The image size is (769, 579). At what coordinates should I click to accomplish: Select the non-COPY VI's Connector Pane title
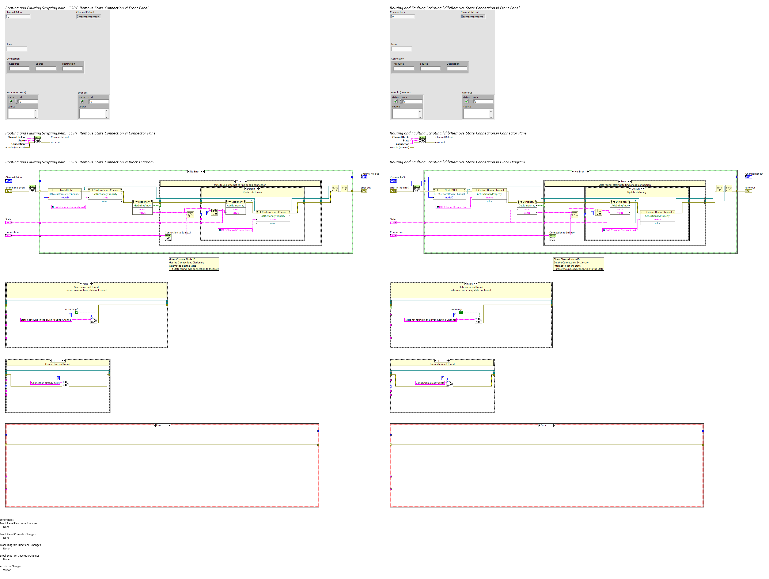pyautogui.click(x=458, y=133)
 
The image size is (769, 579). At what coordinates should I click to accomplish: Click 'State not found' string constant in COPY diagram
pyautogui.click(x=46, y=320)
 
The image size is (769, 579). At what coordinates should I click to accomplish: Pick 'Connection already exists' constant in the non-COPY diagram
pyautogui.click(x=430, y=383)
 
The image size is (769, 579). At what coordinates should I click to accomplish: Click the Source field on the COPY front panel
pyautogui.click(x=46, y=68)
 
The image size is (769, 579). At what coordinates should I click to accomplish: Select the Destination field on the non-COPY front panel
pyautogui.click(x=457, y=68)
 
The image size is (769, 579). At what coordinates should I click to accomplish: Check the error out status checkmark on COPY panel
pyautogui.click(x=82, y=102)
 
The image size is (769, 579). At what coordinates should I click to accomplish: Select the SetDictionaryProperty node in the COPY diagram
pyautogui.click(x=273, y=216)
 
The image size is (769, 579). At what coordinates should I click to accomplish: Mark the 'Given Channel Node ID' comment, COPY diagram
pyautogui.click(x=194, y=264)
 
